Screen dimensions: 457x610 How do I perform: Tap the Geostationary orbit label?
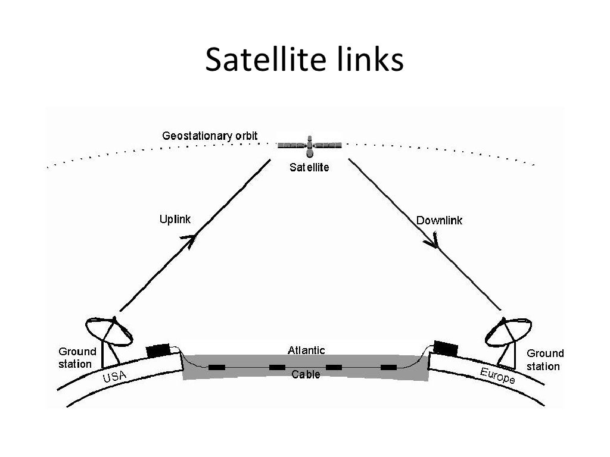[210, 136]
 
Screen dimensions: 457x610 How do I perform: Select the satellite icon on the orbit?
[310, 145]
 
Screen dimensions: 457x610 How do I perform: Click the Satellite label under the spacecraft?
[309, 167]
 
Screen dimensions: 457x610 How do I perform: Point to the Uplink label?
[175, 220]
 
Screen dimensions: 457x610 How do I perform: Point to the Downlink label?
[439, 220]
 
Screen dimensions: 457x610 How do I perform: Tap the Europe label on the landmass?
[497, 375]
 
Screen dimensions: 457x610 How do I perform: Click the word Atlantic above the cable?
[306, 350]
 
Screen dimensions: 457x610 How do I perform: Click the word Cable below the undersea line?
[306, 374]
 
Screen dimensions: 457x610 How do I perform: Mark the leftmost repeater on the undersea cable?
[217, 367]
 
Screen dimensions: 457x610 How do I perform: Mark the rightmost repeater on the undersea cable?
[388, 367]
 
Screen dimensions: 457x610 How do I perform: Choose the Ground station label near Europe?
[544, 359]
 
